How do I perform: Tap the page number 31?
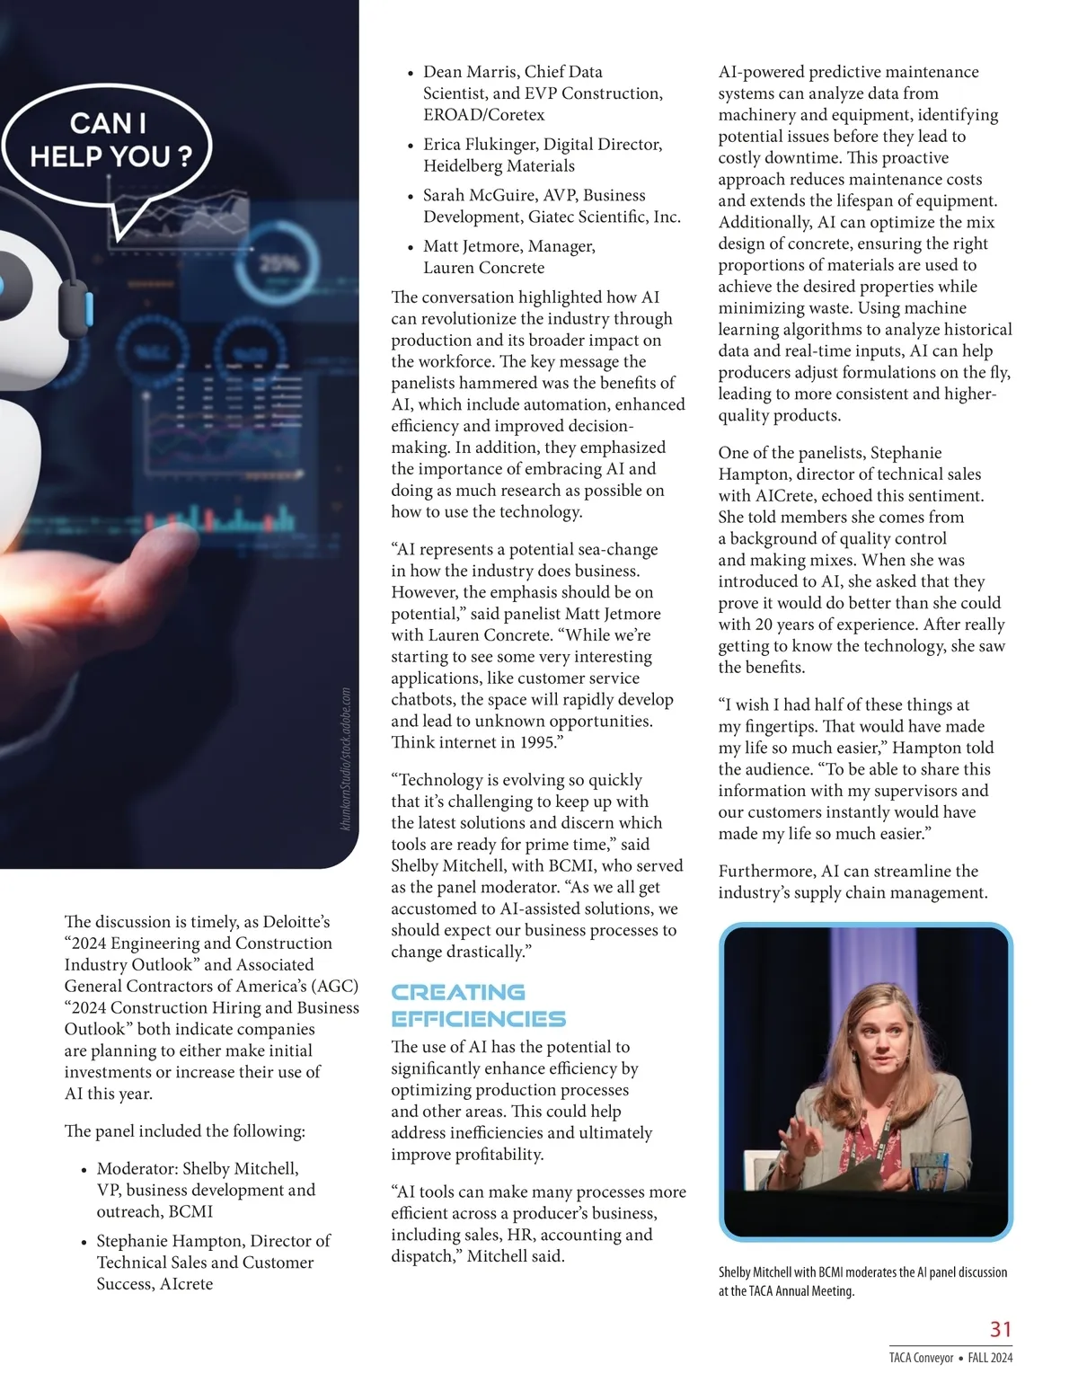pos(1000,1329)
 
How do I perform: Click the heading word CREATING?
pos(458,992)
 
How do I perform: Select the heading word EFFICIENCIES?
pos(478,1019)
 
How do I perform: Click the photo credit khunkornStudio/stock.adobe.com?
pos(347,759)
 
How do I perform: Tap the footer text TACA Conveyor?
pos(921,1358)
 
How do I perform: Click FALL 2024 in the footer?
pos(990,1358)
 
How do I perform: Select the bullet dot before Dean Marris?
pos(411,74)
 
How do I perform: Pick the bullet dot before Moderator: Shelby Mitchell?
pos(84,1170)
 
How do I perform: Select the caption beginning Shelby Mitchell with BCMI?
pos(862,1281)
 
